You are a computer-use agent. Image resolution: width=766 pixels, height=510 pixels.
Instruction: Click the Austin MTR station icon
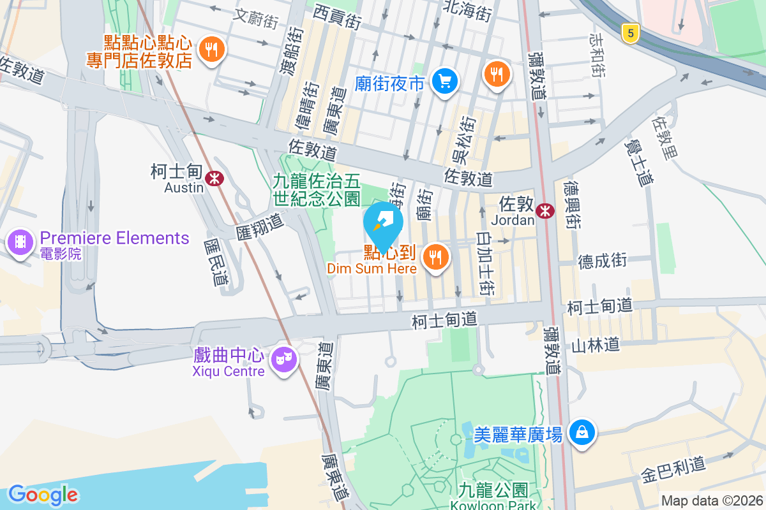(x=214, y=178)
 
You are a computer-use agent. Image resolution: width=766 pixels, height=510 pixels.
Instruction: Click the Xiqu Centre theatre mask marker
(x=283, y=359)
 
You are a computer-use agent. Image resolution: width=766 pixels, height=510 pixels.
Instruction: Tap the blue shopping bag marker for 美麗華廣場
(x=582, y=433)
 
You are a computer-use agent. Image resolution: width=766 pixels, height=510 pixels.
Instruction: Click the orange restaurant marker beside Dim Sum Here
(x=437, y=257)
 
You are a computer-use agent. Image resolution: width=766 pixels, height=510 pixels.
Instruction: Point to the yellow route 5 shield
(x=630, y=34)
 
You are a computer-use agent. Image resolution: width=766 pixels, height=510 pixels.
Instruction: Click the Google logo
(x=43, y=494)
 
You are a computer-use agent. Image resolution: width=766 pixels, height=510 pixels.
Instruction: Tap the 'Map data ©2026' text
(x=710, y=500)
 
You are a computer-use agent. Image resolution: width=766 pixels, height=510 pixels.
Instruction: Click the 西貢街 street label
(x=338, y=17)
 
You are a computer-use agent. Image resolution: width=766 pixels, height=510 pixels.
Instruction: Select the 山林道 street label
(x=596, y=346)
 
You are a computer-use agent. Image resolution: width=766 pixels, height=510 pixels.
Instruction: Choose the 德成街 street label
(x=602, y=260)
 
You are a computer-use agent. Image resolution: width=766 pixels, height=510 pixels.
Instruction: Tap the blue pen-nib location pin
(x=383, y=223)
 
